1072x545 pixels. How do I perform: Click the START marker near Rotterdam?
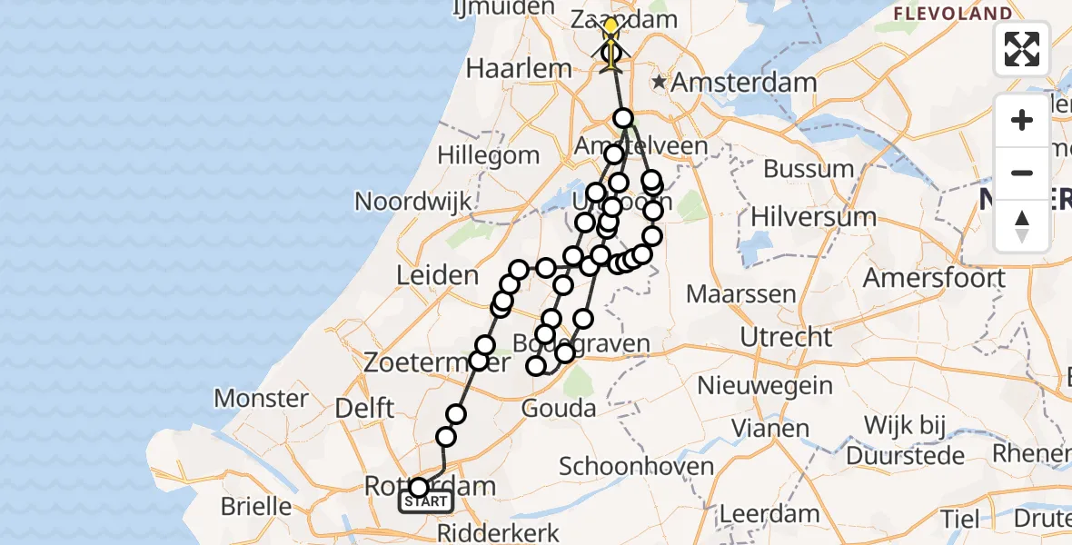(x=426, y=501)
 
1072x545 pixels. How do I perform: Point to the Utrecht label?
(x=785, y=337)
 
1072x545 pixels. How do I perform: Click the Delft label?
(x=364, y=408)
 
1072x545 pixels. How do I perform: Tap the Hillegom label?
(x=489, y=155)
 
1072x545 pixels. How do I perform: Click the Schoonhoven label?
(x=636, y=467)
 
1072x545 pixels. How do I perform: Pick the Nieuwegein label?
(x=765, y=385)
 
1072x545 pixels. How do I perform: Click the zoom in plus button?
(x=1022, y=120)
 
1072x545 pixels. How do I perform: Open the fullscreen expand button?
(x=1022, y=49)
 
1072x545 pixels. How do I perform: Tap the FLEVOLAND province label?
(x=952, y=14)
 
